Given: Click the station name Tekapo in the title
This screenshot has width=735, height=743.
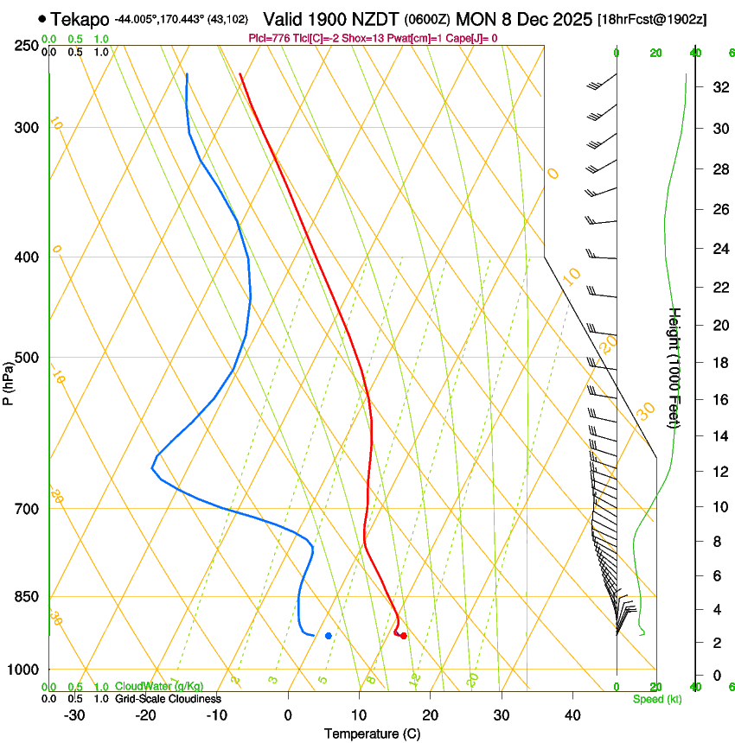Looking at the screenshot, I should (x=80, y=19).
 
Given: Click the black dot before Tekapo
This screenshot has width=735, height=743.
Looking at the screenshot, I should (x=42, y=18).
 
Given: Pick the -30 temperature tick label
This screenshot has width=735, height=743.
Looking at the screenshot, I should (x=74, y=715).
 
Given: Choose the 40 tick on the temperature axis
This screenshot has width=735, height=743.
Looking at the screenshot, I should (x=572, y=715).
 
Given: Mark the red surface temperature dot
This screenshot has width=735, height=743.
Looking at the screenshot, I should (x=403, y=636).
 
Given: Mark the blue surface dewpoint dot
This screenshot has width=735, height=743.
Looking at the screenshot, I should (x=329, y=636).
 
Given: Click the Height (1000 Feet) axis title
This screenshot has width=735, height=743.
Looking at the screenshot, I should (x=675, y=367).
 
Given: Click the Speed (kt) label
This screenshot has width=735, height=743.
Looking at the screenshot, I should (x=657, y=699).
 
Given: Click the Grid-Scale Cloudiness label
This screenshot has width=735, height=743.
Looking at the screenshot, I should (x=168, y=699).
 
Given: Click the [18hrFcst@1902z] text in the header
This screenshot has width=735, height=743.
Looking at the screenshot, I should (x=652, y=19).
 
